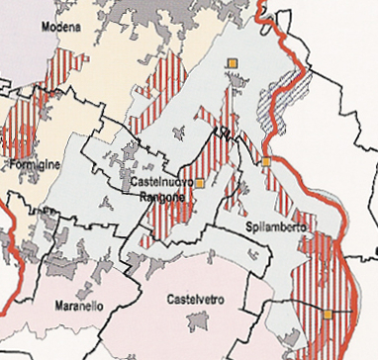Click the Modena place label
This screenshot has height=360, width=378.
click(x=59, y=28)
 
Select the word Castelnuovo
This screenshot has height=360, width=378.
click(x=161, y=183)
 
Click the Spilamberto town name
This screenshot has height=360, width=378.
click(x=275, y=227)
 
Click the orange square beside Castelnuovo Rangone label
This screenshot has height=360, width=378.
click(x=199, y=183)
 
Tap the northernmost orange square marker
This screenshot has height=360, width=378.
click(x=232, y=64)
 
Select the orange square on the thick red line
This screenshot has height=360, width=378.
click(x=265, y=161)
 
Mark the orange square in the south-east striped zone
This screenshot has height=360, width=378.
click(x=327, y=315)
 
